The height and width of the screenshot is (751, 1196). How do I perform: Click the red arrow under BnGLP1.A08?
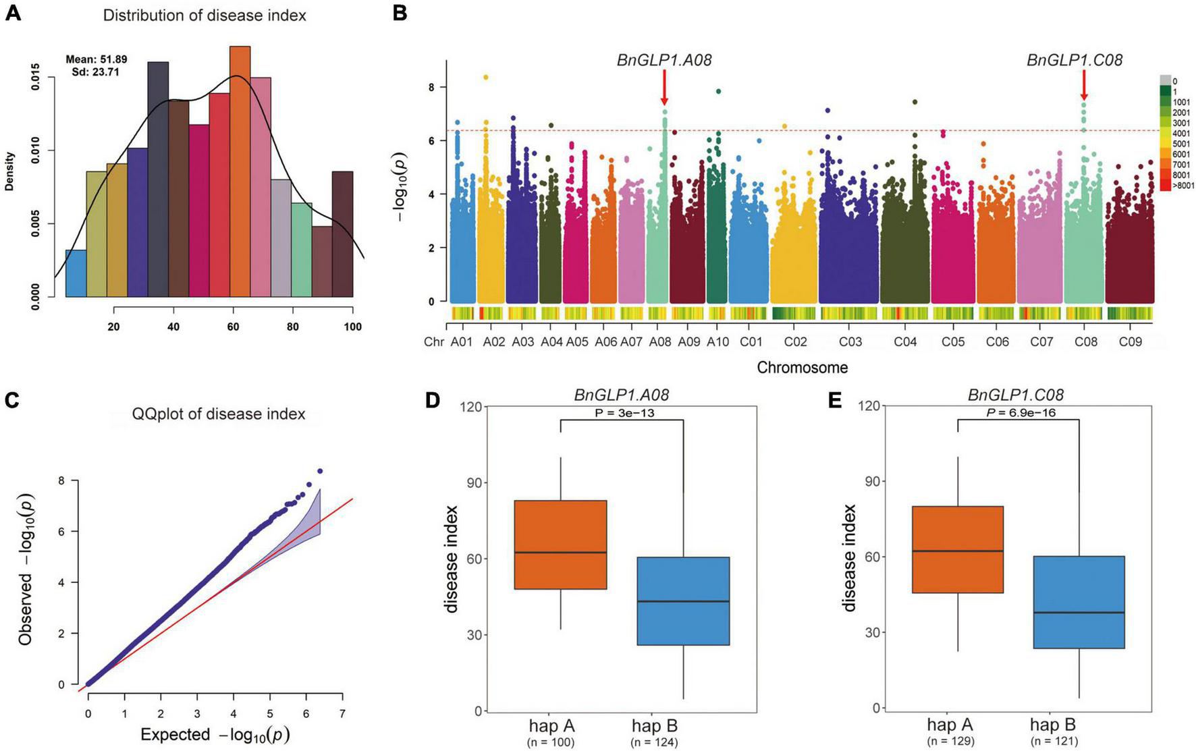(664, 88)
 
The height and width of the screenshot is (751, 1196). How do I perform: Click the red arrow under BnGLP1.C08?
(1084, 85)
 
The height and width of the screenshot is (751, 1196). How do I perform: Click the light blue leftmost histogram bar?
(76, 273)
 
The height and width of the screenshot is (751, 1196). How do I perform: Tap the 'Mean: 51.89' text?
(97, 59)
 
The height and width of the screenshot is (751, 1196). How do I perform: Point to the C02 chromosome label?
(795, 342)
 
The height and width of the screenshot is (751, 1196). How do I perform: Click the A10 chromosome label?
(717, 342)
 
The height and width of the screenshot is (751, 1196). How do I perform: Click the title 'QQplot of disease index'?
(219, 414)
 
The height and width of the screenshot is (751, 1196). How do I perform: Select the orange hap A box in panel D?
(560, 545)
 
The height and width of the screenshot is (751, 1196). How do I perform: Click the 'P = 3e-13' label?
(622, 413)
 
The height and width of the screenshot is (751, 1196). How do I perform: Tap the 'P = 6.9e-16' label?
(1021, 412)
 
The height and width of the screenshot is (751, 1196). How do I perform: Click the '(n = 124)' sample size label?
(654, 743)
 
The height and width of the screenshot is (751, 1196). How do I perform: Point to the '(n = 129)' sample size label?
(950, 741)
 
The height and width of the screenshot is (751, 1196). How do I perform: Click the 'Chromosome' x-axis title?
(802, 368)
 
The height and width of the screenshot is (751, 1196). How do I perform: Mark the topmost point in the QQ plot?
(320, 471)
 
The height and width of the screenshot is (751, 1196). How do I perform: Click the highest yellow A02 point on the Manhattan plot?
(485, 77)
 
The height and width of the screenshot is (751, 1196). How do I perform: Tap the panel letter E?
(834, 401)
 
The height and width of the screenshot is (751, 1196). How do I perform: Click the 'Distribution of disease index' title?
(205, 16)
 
